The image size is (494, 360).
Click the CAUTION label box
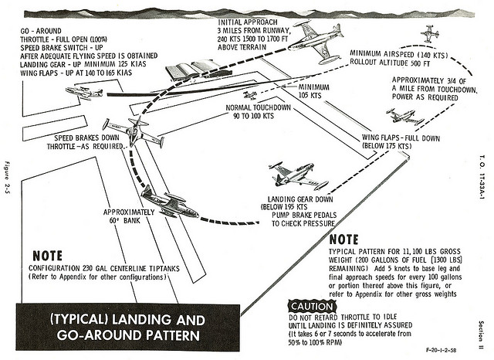(310, 305)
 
